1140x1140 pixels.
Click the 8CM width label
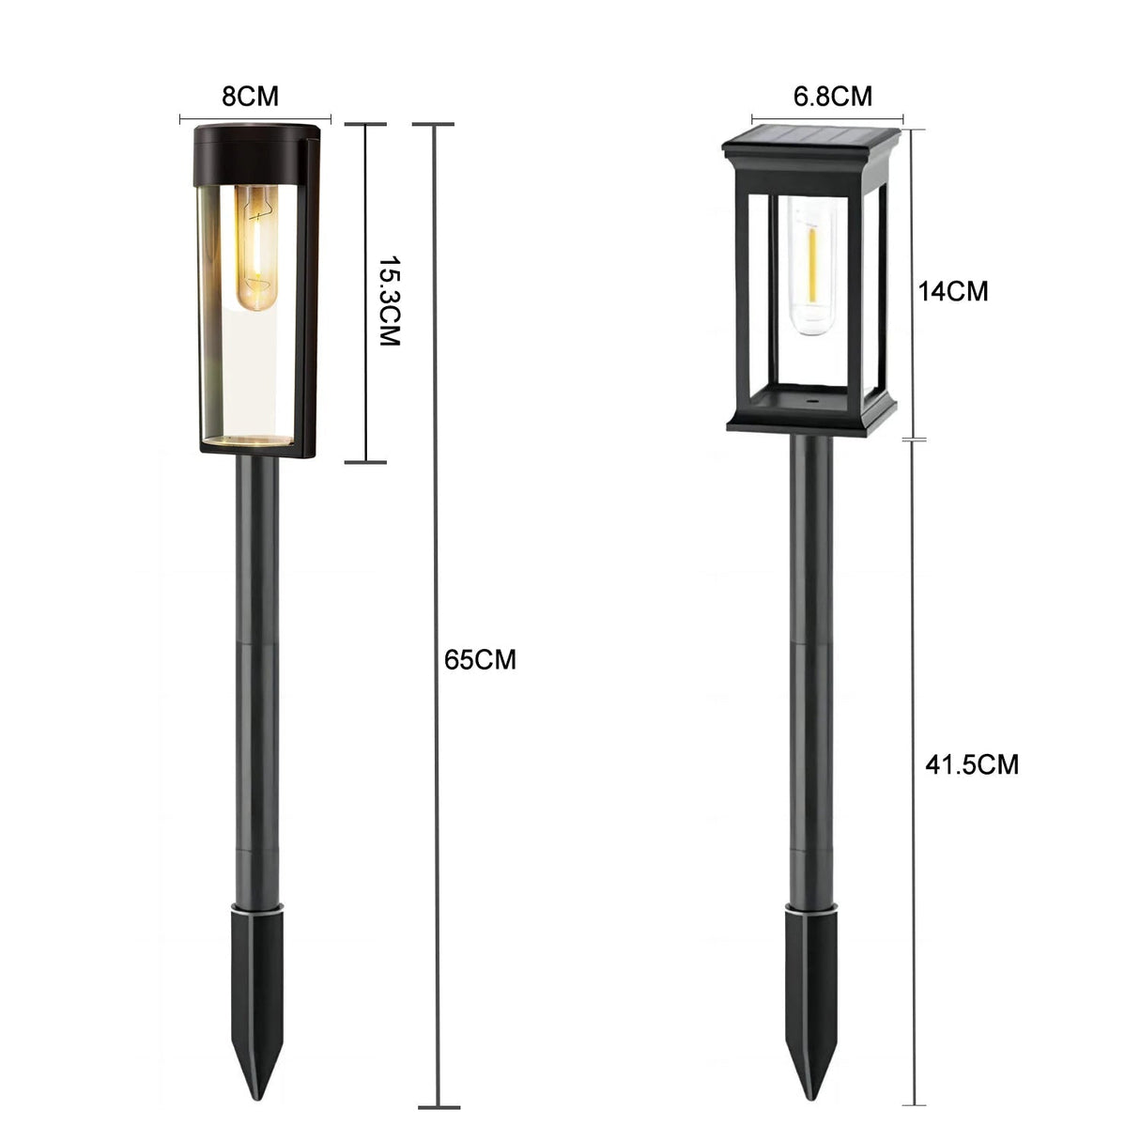250,96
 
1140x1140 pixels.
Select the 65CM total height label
480,660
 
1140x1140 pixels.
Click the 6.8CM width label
832,96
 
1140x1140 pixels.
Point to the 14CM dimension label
953,291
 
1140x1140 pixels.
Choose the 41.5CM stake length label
972,764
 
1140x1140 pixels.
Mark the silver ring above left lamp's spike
255,907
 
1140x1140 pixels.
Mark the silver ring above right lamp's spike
809,907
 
